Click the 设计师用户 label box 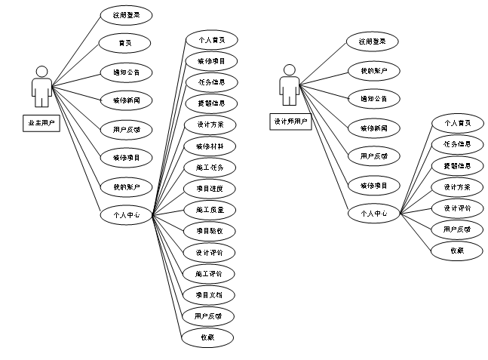(x=290, y=121)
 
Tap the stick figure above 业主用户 (x=42, y=86)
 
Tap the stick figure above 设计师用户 (x=289, y=85)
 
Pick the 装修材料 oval (x=210, y=146)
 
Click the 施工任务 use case (x=210, y=167)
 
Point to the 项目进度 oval (x=210, y=188)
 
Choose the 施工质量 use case (x=210, y=209)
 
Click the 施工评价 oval (x=210, y=273)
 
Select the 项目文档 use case (x=210, y=294)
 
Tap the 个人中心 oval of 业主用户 (x=127, y=215)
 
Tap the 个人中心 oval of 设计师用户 (x=373, y=214)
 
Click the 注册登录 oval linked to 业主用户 (x=127, y=14)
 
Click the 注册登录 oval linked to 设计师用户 (x=373, y=42)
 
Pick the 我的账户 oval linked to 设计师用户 (x=373, y=70)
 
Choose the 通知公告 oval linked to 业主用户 (x=127, y=72)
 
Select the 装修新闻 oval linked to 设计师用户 (x=374, y=128)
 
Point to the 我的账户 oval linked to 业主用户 (x=127, y=186)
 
